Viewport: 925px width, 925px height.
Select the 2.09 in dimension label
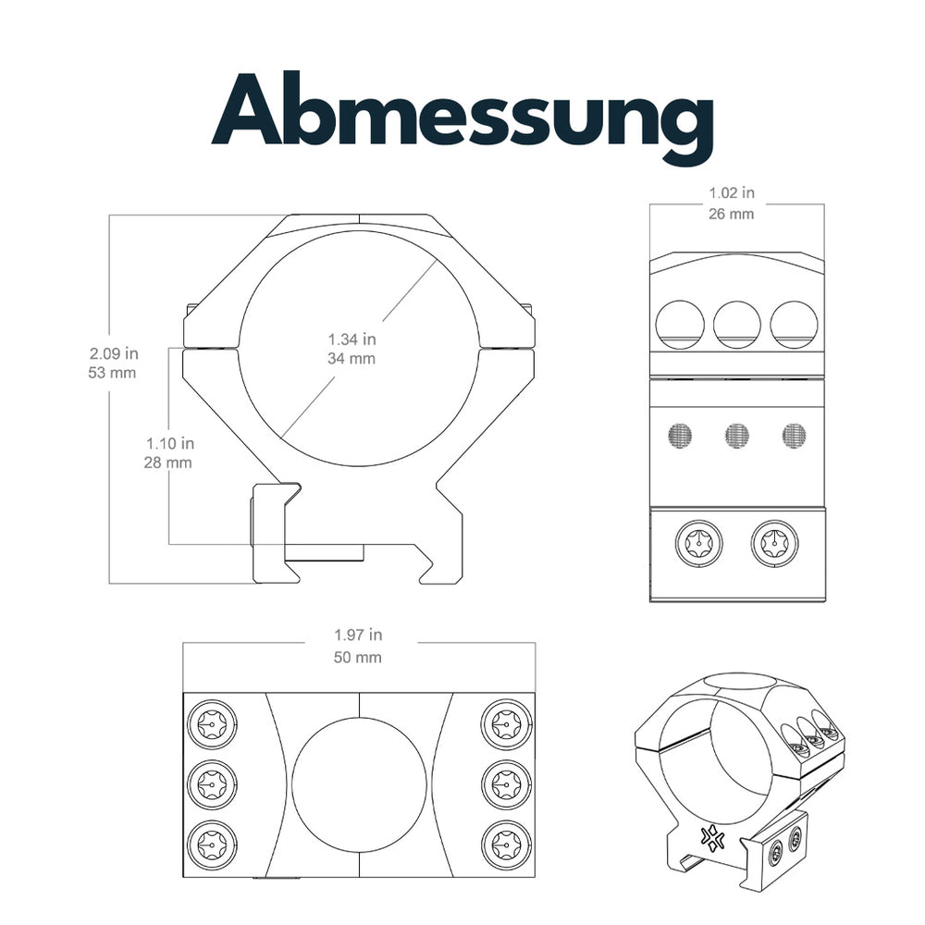pyautogui.click(x=114, y=353)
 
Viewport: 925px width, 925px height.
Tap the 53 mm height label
pyautogui.click(x=114, y=374)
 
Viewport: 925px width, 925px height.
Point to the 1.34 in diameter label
pyautogui.click(x=351, y=338)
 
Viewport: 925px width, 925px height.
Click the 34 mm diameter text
pyautogui.click(x=351, y=358)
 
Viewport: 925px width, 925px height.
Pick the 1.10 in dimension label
pyautogui.click(x=168, y=442)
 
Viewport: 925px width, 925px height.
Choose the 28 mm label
pyautogui.click(x=168, y=462)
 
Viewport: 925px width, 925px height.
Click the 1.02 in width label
pyautogui.click(x=732, y=193)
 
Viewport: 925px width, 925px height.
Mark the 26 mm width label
pyautogui.click(x=732, y=214)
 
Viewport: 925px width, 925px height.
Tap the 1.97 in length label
pyautogui.click(x=358, y=635)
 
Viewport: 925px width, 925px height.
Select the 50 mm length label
pyautogui.click(x=358, y=658)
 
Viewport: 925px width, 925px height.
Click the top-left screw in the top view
pyautogui.click(x=212, y=722)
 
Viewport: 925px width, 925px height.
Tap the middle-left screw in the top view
pyautogui.click(x=212, y=783)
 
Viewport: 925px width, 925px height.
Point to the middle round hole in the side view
pyautogui.click(x=736, y=325)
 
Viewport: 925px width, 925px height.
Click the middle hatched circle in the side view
pyautogui.click(x=737, y=434)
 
